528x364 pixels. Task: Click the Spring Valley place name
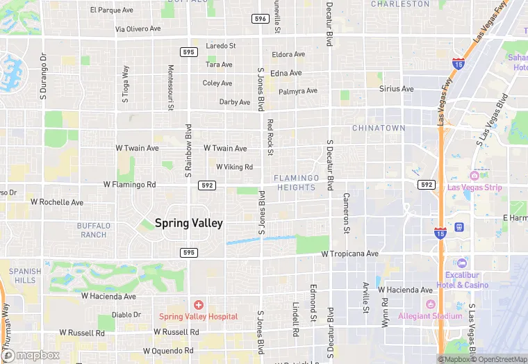coord(188,223)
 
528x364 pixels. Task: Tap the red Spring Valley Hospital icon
coord(199,305)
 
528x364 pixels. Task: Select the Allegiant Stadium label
coord(429,316)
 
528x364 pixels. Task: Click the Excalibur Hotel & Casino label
coord(462,280)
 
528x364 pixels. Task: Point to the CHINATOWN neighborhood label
coord(378,129)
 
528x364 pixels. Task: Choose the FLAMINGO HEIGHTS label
coord(297,183)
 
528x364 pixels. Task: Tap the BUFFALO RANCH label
coord(92,230)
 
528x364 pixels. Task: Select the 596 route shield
coord(261,19)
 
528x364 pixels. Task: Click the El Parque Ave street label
coord(112,10)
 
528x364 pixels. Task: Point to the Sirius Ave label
coord(396,89)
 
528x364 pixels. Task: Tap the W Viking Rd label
coord(234,167)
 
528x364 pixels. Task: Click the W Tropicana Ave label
coord(349,254)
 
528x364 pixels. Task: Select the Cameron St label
coord(345,212)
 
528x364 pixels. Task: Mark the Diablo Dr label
coord(126,315)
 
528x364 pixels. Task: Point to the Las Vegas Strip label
coord(474,188)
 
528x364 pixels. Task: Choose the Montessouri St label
coord(171,88)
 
